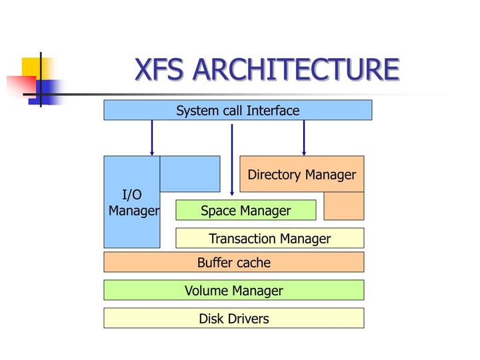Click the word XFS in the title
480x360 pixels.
[162, 70]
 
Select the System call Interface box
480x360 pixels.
[237, 111]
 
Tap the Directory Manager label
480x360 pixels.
[301, 175]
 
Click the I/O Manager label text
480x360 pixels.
[133, 203]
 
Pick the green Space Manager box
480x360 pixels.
[245, 211]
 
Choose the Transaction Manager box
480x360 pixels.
[269, 239]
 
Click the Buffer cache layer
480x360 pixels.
[233, 263]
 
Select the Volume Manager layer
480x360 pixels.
[233, 291]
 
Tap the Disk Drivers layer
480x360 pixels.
[233, 319]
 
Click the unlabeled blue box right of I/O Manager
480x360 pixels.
[190, 174]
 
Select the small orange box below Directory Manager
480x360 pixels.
[344, 206]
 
